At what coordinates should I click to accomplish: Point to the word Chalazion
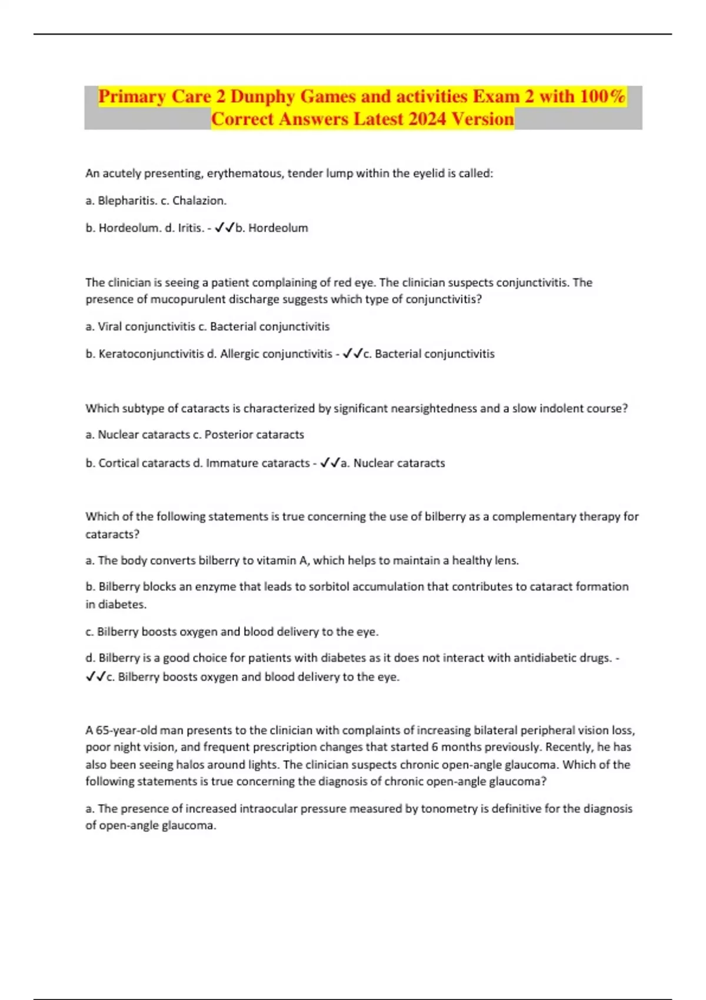199,201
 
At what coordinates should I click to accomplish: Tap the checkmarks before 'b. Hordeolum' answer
225,228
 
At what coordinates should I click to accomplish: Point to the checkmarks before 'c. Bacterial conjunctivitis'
352,354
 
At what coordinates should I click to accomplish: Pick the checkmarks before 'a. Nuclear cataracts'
330,463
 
